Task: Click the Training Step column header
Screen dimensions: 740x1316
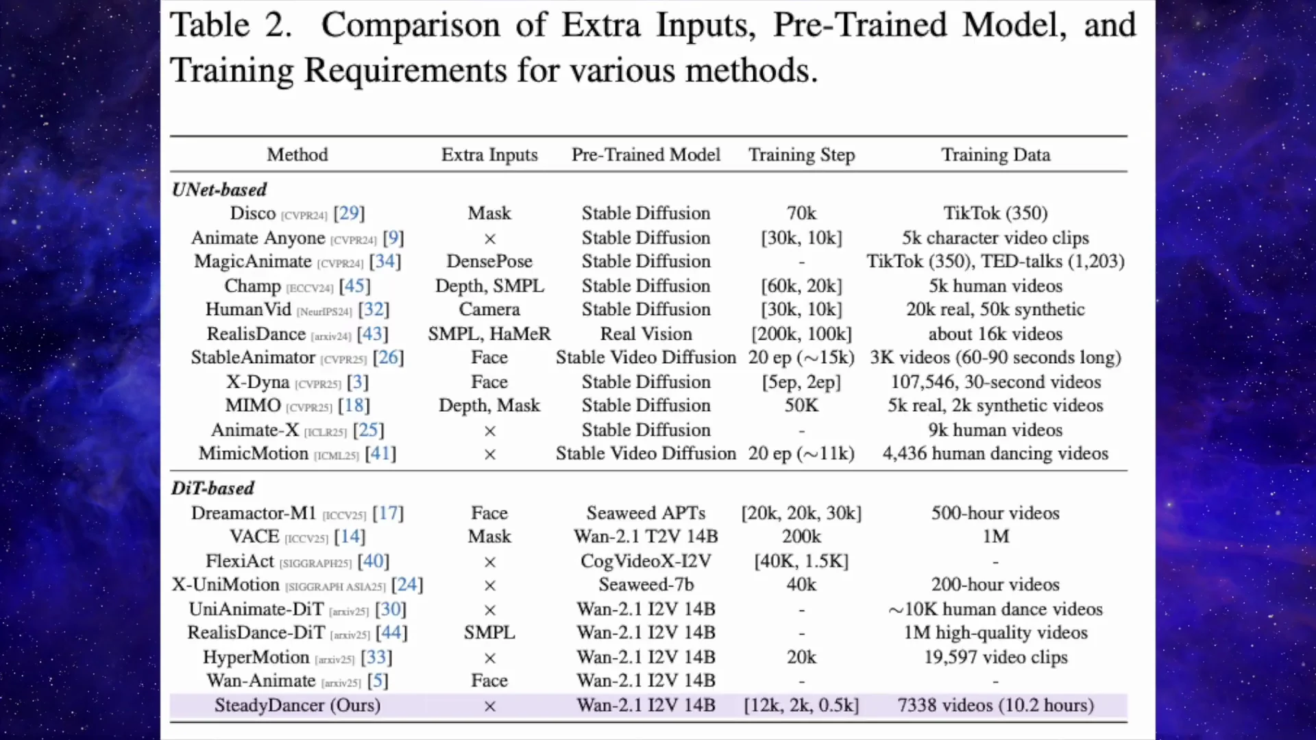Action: (801, 155)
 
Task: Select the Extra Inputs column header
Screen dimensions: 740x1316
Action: (489, 155)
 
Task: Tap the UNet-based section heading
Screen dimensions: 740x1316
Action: (219, 190)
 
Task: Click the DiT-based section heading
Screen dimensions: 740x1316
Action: (212, 489)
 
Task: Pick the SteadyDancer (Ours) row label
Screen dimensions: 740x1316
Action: (297, 705)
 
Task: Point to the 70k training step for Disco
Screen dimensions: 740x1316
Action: (801, 213)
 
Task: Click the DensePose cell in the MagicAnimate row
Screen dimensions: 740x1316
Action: (489, 261)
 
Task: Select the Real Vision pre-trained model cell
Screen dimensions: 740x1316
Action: (646, 334)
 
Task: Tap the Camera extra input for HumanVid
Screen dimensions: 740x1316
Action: (489, 309)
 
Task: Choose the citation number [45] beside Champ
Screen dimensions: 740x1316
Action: (354, 286)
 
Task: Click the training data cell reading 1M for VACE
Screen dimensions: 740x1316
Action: (995, 536)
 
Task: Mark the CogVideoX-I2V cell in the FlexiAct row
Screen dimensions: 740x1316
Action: (646, 561)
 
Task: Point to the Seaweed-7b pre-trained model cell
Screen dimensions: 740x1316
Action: (646, 584)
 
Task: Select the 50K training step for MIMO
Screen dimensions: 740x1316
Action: (801, 405)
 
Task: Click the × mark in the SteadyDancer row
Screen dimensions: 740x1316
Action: (489, 706)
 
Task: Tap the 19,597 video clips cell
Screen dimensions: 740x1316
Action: (995, 657)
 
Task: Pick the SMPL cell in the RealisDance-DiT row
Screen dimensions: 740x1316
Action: (489, 632)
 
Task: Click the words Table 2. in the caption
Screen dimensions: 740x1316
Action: (231, 26)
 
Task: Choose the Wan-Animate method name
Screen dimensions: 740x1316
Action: (261, 680)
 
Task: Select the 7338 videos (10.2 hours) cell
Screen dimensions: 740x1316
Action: (995, 705)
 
